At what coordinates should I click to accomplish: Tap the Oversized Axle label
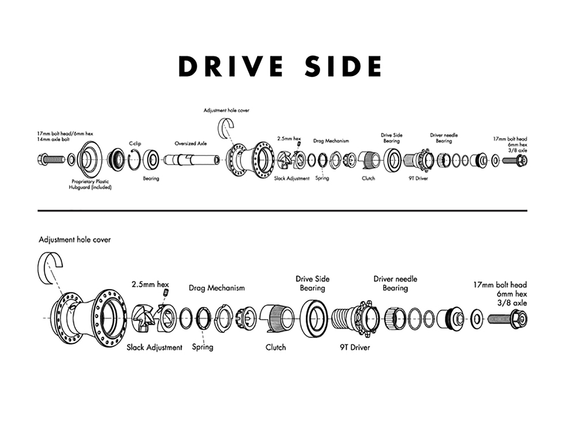point(191,143)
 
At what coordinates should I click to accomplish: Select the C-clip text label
point(135,143)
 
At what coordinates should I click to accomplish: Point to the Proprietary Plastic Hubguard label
point(90,184)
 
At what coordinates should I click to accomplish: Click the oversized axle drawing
point(191,160)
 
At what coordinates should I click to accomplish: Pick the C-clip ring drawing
point(134,160)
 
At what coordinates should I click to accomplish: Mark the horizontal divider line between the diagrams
point(282,211)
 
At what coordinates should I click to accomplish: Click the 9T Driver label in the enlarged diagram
point(355,347)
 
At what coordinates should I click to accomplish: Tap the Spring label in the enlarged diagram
point(202,347)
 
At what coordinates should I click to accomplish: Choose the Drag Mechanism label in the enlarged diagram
point(216,288)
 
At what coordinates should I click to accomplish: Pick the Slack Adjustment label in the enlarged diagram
point(154,348)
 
